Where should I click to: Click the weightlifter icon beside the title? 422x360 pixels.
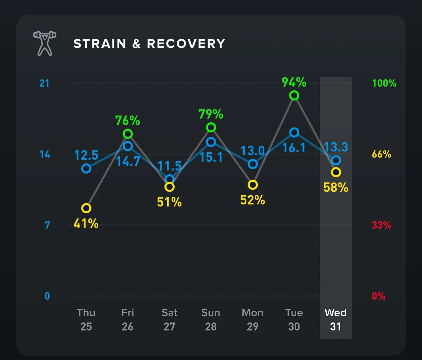coord(45,43)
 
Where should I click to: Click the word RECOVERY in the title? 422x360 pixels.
coord(186,44)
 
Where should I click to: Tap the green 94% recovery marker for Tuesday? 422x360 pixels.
coord(294,96)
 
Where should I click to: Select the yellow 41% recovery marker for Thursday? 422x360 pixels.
coord(86,208)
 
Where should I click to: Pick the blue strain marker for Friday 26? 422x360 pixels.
coord(128,146)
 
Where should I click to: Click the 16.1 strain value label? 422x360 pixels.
coord(294,148)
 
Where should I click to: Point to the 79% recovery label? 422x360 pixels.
coord(211,114)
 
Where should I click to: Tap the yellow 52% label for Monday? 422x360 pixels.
coord(252,200)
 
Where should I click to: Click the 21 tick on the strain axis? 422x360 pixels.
coord(45,83)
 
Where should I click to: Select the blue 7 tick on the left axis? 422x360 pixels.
coord(47,225)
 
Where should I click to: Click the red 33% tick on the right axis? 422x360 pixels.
coord(381,225)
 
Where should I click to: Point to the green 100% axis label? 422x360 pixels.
coord(384,83)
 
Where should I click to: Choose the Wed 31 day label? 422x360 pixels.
coord(335,319)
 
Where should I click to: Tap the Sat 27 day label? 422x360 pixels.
coord(169,319)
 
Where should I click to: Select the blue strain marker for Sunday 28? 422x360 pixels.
coord(211,142)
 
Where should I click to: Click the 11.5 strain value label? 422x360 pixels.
coord(169,166)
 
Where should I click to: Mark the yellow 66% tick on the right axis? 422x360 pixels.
coord(381,154)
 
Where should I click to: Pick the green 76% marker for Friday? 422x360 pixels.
coord(128,134)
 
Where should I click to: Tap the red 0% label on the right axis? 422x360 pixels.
coord(379,296)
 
